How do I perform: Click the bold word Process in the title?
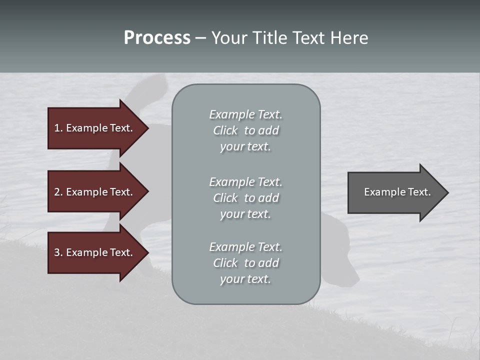[x=157, y=38]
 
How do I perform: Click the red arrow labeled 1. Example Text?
[x=95, y=128]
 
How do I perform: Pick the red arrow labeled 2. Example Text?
[x=95, y=192]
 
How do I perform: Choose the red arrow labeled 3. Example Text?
[x=95, y=252]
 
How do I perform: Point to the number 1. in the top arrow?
[x=58, y=128]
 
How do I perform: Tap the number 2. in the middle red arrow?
[x=58, y=192]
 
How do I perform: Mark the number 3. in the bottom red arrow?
[x=58, y=252]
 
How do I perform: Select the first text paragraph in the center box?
[x=245, y=130]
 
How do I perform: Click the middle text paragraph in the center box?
[x=245, y=197]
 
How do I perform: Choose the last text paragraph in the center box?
[x=245, y=263]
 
